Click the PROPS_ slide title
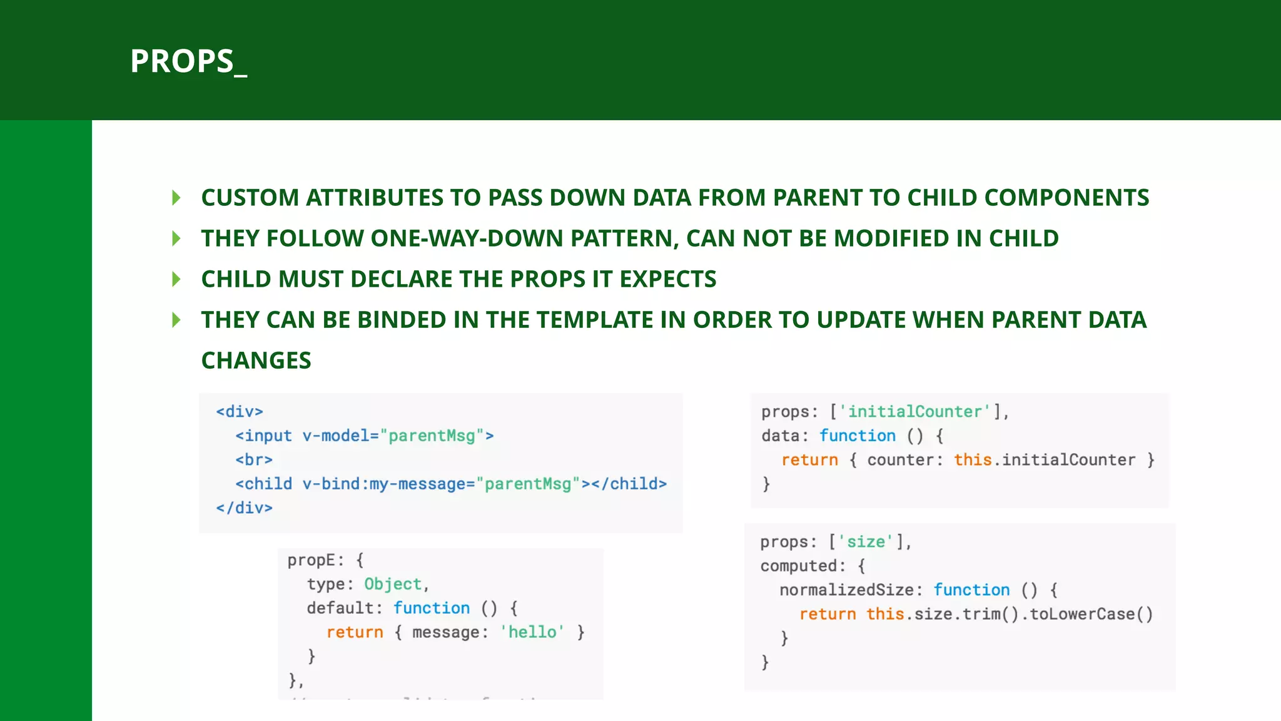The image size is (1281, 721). click(188, 61)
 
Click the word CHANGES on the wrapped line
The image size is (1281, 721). click(256, 360)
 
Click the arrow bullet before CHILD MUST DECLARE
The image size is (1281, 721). click(176, 279)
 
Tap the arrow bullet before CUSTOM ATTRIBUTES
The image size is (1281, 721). click(176, 198)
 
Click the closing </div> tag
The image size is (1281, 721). click(244, 508)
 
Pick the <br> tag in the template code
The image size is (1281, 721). click(254, 460)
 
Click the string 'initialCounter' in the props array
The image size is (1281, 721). click(915, 412)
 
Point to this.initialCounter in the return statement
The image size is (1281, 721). click(1044, 460)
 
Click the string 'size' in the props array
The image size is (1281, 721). click(866, 542)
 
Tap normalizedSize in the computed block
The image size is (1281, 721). click(846, 590)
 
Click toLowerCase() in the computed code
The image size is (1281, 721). click(1091, 614)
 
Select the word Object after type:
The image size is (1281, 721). click(393, 584)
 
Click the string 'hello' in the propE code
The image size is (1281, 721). click(532, 632)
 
